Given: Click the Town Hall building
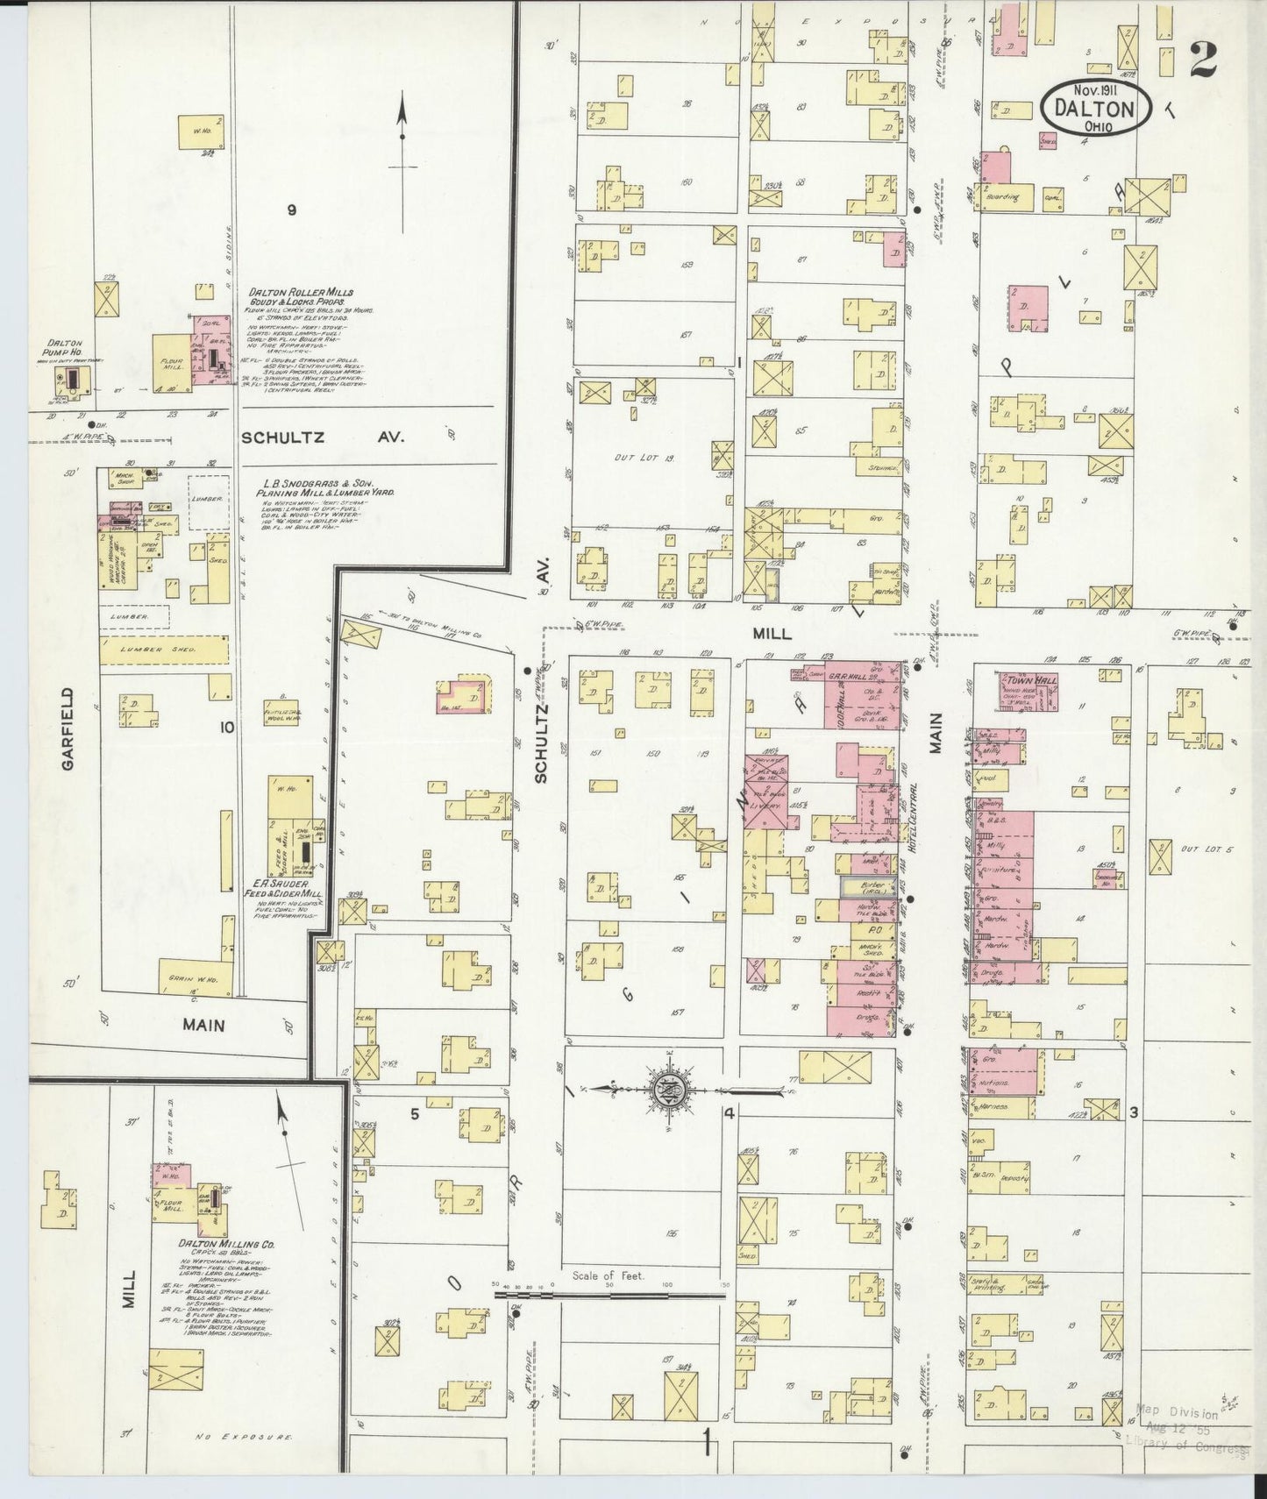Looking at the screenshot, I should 1029,691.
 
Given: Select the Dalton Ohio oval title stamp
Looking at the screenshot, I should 1095,108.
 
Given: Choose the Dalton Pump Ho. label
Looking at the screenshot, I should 66,349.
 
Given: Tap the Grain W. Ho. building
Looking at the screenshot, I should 195,977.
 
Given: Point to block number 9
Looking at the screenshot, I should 292,210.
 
